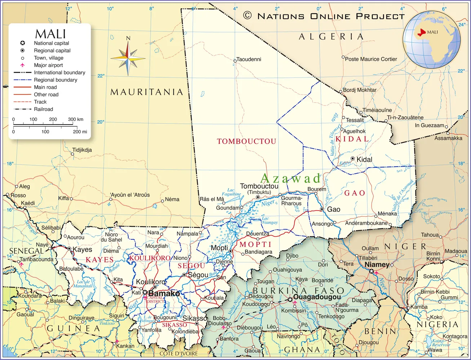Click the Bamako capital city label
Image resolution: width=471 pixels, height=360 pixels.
pyautogui.click(x=164, y=294)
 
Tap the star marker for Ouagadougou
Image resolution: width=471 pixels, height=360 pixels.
pyautogui.click(x=290, y=300)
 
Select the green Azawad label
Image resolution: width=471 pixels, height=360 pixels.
pyautogui.click(x=290, y=178)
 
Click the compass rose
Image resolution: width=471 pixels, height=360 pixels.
pyautogui.click(x=128, y=58)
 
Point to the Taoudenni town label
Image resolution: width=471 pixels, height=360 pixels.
pyautogui.click(x=249, y=59)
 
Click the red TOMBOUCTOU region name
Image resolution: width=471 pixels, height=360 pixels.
pyautogui.click(x=246, y=141)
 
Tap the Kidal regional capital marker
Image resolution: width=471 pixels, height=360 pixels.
pyautogui.click(x=352, y=159)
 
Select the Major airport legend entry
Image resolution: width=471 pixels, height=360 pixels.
pyautogui.click(x=48, y=65)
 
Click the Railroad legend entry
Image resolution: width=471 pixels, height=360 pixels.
pyautogui.click(x=43, y=109)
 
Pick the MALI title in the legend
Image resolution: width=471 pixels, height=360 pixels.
pyautogui.click(x=50, y=34)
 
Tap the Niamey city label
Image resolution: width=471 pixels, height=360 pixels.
pyautogui.click(x=377, y=265)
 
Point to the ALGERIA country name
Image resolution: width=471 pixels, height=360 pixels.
pyautogui.click(x=331, y=37)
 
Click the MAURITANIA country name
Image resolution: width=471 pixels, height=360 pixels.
pyautogui.click(x=147, y=92)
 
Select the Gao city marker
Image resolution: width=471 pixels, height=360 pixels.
pyautogui.click(x=321, y=209)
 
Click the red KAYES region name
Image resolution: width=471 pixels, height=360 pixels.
pyautogui.click(x=99, y=260)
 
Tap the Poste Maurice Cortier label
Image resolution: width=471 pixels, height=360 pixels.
pyautogui.click(x=371, y=59)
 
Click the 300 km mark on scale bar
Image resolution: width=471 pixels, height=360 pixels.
pyautogui.click(x=75, y=120)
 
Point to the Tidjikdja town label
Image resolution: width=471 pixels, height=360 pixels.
pyautogui.click(x=82, y=150)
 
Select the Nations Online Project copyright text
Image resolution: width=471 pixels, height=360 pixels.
pyautogui.click(x=324, y=16)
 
